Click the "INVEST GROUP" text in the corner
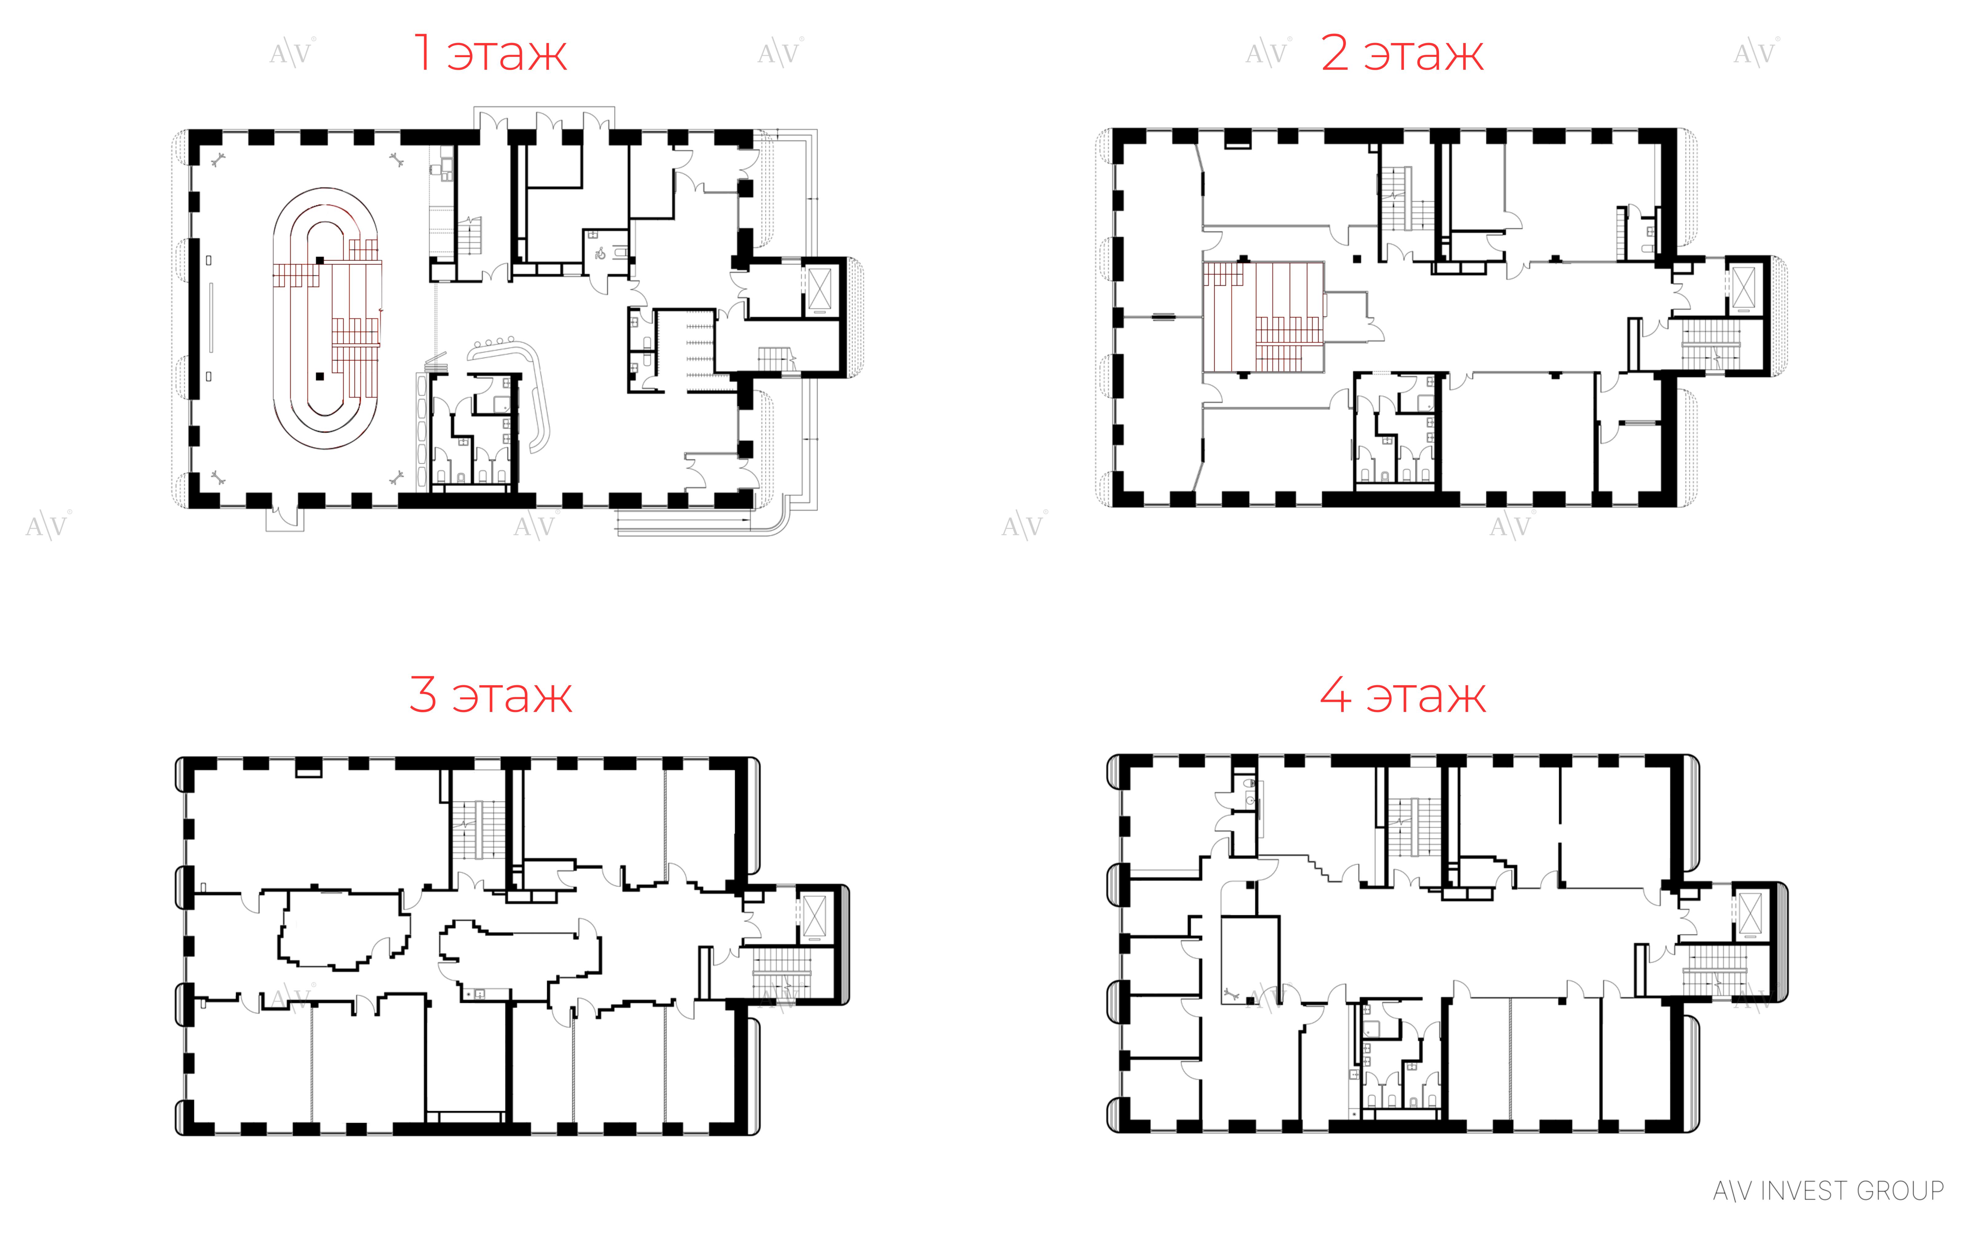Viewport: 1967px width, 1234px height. [x=1851, y=1191]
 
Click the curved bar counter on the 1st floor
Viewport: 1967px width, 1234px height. [x=514, y=383]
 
